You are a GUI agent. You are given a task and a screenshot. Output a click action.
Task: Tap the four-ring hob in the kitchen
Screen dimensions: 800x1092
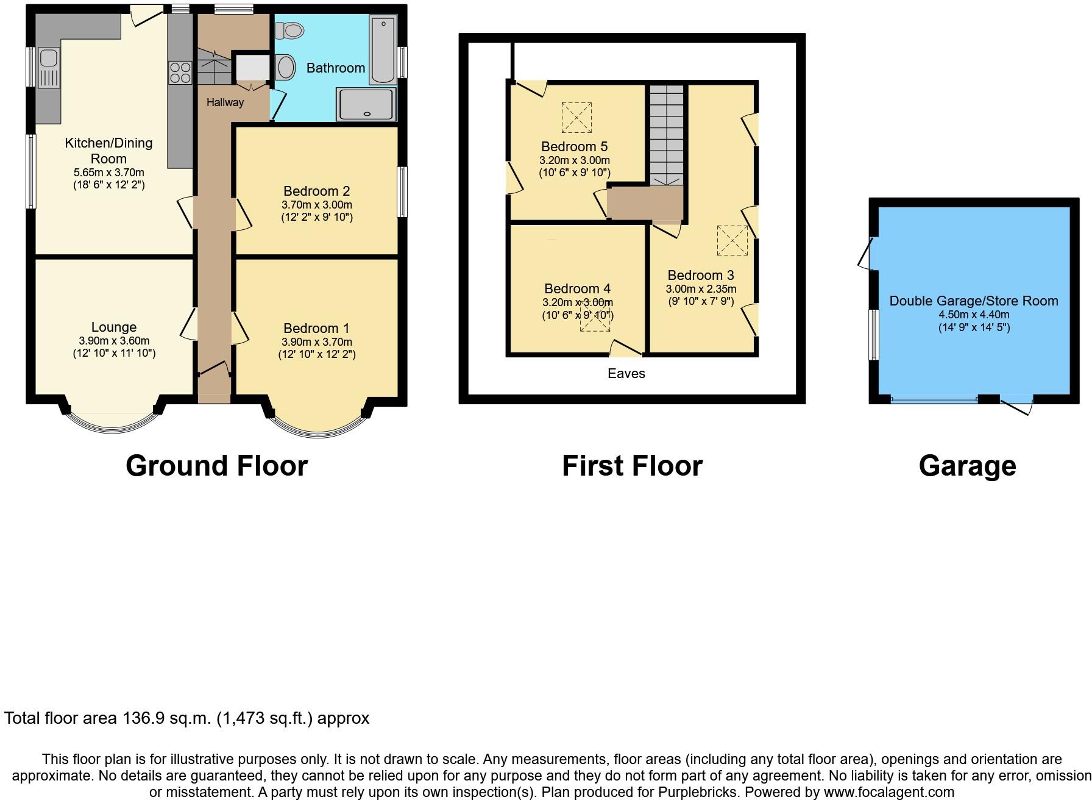[x=180, y=73]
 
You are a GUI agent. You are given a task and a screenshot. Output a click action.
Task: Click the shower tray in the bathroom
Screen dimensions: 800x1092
[x=366, y=104]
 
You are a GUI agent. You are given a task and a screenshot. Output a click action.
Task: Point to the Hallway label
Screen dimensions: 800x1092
[x=225, y=102]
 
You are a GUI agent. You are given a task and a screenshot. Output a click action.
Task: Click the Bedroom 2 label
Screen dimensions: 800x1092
[x=316, y=191]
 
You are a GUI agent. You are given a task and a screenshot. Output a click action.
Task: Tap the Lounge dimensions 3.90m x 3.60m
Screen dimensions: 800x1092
[x=114, y=341]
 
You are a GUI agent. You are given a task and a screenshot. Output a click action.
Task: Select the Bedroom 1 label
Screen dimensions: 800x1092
[x=316, y=329]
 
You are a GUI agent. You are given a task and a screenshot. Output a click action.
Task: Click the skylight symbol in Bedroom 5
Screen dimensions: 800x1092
[x=576, y=118]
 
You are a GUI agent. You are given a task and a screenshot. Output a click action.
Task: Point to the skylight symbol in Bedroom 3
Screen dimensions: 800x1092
[x=732, y=241]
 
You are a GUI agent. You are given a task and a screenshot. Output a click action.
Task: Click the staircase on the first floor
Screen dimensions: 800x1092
[x=666, y=134]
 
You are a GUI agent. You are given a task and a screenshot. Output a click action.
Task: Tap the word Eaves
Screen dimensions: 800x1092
[x=626, y=373]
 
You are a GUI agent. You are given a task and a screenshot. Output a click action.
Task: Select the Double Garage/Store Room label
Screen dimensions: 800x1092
[x=973, y=301]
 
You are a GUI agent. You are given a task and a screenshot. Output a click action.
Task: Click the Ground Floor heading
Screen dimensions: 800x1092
[x=216, y=466]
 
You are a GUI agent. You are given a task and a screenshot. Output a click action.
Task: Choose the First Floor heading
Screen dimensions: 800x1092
[x=632, y=466]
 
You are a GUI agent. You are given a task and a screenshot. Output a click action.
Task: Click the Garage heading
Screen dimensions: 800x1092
[x=967, y=466]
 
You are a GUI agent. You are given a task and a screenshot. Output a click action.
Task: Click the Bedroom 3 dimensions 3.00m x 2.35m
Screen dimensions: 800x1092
[x=701, y=289]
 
